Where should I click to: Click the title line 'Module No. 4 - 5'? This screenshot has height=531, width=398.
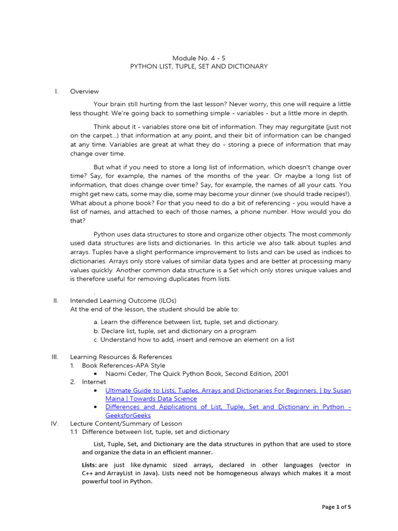point(198,58)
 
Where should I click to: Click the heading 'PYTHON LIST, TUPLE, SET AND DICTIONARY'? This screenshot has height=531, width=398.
point(198,66)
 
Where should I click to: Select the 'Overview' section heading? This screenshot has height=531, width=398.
point(84,91)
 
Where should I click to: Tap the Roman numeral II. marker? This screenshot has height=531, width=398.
point(56,300)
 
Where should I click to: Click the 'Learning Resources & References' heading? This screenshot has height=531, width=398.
point(121,357)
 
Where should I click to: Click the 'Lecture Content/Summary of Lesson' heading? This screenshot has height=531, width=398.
point(126,423)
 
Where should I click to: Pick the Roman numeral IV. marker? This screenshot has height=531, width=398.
point(55,423)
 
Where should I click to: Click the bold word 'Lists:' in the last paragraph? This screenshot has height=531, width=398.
point(89,465)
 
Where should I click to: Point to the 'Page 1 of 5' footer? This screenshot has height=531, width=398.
point(336,507)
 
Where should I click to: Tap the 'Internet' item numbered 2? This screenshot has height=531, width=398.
point(94,382)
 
